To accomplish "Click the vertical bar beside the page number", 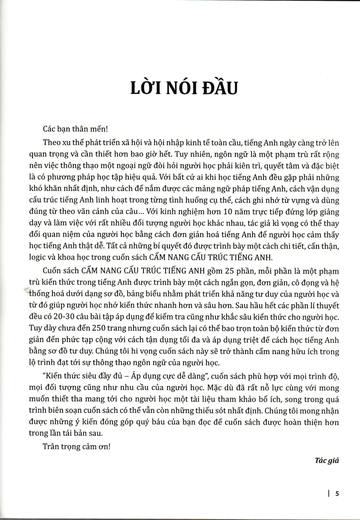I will [331, 492].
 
